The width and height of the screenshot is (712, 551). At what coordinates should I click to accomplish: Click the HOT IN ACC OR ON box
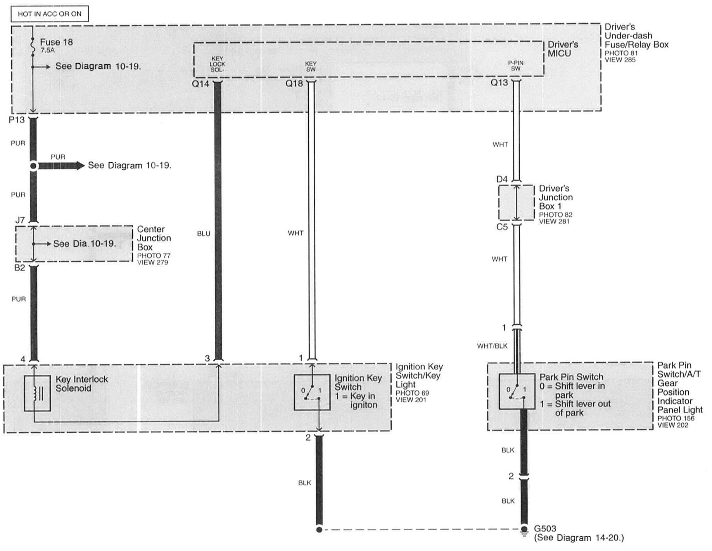coord(50,14)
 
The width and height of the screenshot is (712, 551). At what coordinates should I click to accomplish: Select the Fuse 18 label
coord(56,42)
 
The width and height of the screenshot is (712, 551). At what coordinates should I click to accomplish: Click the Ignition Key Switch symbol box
coord(312,392)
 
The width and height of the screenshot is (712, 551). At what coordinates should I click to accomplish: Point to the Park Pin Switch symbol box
coord(517,391)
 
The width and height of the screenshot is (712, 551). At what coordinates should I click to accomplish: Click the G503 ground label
coord(545,528)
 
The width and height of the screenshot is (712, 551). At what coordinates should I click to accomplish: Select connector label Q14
coord(200,84)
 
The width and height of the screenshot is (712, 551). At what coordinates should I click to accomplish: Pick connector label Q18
coord(294,84)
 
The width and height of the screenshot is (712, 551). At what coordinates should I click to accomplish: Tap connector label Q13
coord(499,83)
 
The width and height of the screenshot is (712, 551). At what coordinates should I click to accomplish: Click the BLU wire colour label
coord(203,234)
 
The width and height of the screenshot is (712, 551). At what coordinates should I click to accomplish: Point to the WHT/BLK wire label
coord(492,346)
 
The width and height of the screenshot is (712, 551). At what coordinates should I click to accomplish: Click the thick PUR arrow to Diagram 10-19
coord(61,166)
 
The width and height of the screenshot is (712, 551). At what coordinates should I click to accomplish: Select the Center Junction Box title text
coord(153,238)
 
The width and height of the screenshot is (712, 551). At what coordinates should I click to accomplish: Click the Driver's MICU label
coord(563,49)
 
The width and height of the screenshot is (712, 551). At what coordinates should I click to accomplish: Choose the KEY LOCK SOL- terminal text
coord(217,64)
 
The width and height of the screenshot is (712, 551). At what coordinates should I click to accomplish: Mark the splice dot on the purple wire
coord(33,166)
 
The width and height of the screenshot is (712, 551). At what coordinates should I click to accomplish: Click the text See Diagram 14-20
coord(579,538)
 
